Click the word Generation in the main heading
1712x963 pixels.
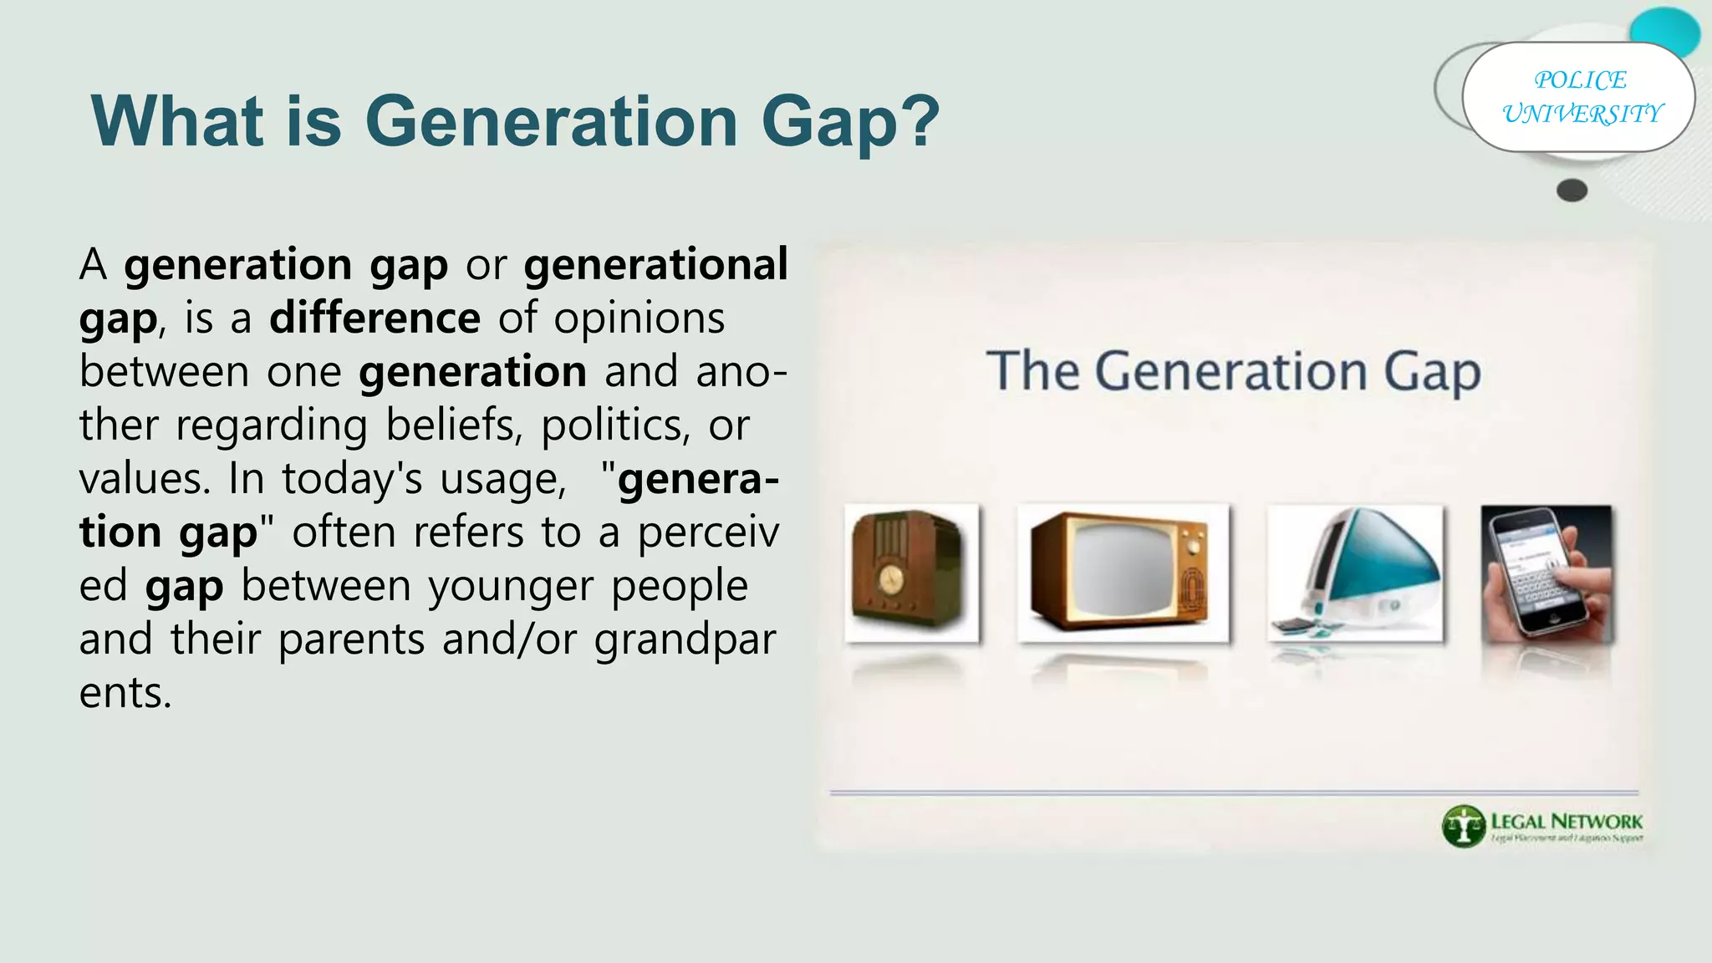pyautogui.click(x=551, y=122)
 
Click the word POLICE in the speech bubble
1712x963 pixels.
pyautogui.click(x=1580, y=80)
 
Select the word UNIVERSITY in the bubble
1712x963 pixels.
pyautogui.click(x=1582, y=114)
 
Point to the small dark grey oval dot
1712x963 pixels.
pyautogui.click(x=1572, y=191)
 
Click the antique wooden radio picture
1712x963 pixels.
pyautogui.click(x=911, y=573)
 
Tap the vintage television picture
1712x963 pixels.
pyautogui.click(x=1123, y=573)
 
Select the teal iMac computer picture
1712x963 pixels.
pyautogui.click(x=1355, y=573)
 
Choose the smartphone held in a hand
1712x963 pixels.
pyautogui.click(x=1546, y=573)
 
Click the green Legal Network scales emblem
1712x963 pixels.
pyautogui.click(x=1463, y=825)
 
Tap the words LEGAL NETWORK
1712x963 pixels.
pyautogui.click(x=1567, y=821)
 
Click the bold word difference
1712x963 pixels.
pyautogui.click(x=374, y=318)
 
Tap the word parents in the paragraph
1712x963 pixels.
pyautogui.click(x=351, y=639)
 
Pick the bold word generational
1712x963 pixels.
pyautogui.click(x=655, y=265)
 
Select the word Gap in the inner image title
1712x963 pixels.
pyautogui.click(x=1431, y=372)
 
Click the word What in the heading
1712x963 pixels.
pyautogui.click(x=176, y=122)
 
